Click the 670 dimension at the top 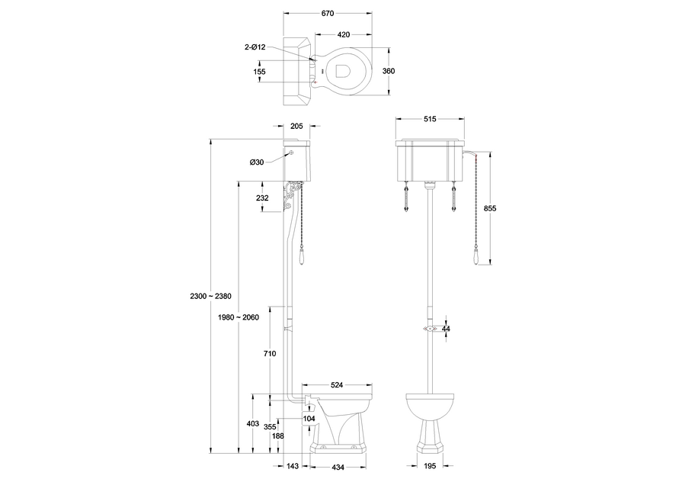click(328, 14)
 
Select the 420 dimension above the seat click(344, 34)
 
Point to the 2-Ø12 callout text click(255, 47)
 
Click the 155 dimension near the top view click(260, 71)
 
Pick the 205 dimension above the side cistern click(296, 127)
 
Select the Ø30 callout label click(256, 162)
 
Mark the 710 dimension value click(267, 354)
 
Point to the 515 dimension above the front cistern click(431, 120)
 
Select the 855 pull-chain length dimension click(490, 209)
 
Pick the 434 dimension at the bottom click(337, 466)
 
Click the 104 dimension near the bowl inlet click(309, 419)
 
